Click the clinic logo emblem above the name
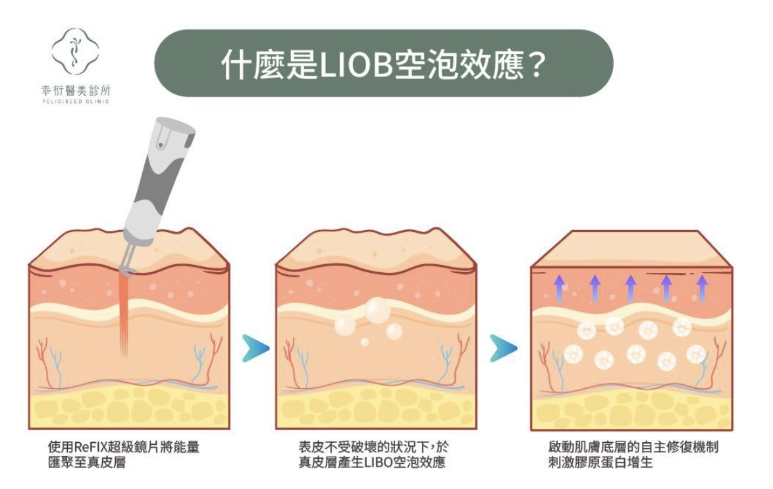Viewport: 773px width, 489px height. pyautogui.click(x=75, y=51)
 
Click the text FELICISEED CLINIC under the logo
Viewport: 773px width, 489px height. pyautogui.click(x=75, y=101)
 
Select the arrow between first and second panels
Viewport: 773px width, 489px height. pyautogui.click(x=255, y=348)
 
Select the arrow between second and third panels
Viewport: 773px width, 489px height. pyautogui.click(x=503, y=348)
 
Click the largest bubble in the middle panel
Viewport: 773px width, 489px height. pyautogui.click(x=377, y=310)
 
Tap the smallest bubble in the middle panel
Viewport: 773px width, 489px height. pyautogui.click(x=364, y=341)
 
